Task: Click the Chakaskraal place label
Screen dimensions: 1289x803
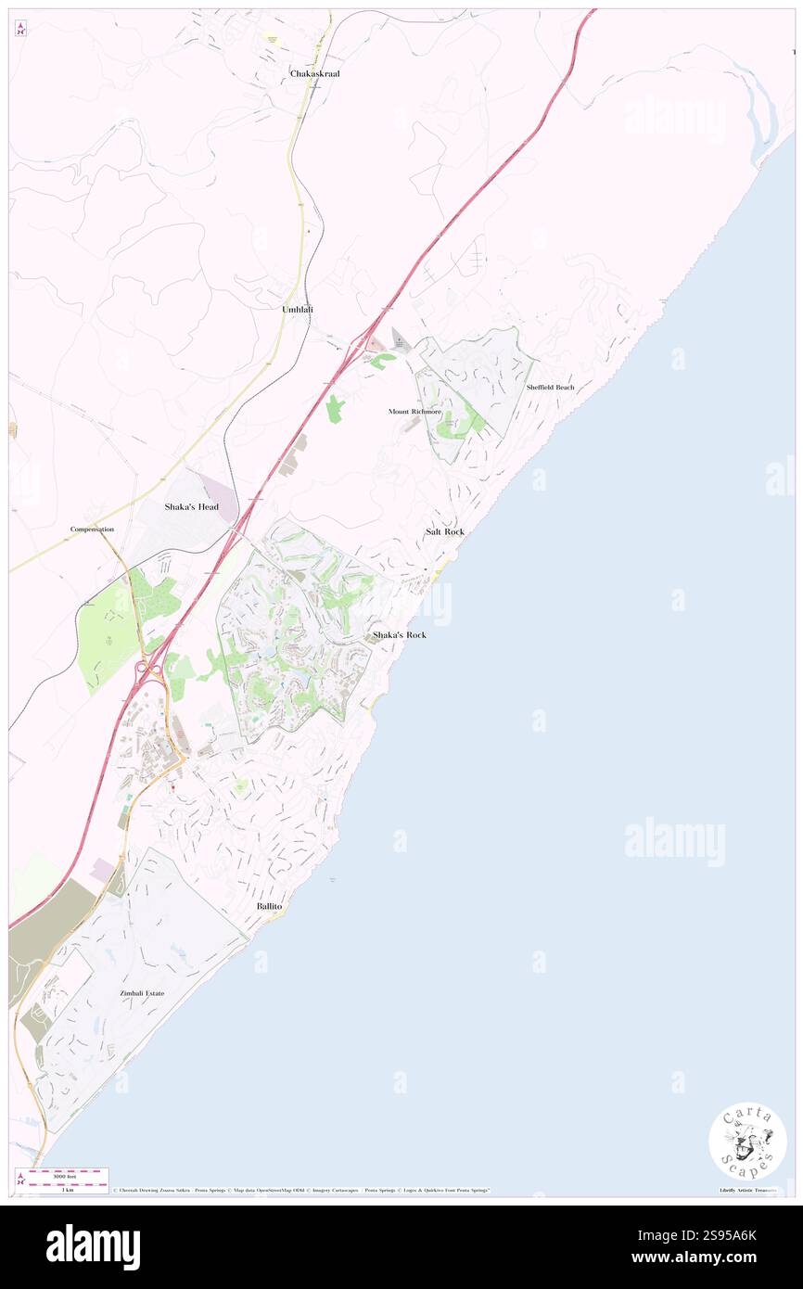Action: point(314,73)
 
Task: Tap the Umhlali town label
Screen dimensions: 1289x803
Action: point(298,308)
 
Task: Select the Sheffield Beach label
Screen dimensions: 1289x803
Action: point(550,387)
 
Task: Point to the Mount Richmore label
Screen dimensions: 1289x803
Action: point(414,410)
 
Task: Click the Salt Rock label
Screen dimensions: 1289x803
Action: point(445,531)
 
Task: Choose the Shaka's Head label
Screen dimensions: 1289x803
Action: point(191,507)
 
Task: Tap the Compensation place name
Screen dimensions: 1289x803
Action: point(92,530)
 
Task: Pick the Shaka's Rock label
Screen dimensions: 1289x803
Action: point(400,634)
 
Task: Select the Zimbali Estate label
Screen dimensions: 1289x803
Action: point(142,993)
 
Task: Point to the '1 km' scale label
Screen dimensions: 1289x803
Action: point(67,1189)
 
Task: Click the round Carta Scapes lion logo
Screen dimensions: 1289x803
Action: point(747,1141)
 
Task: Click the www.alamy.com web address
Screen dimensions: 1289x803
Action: point(695,1257)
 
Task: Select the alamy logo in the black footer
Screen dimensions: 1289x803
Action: point(93,1246)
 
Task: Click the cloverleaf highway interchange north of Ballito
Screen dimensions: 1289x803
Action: point(149,668)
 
